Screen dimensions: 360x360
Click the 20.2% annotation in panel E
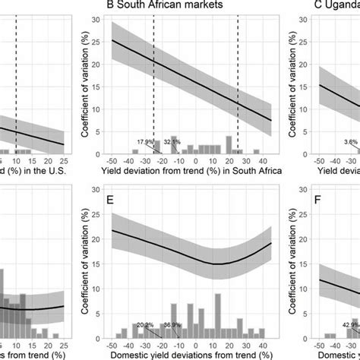tap(145, 324)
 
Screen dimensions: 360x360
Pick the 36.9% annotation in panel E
tap(172, 324)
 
